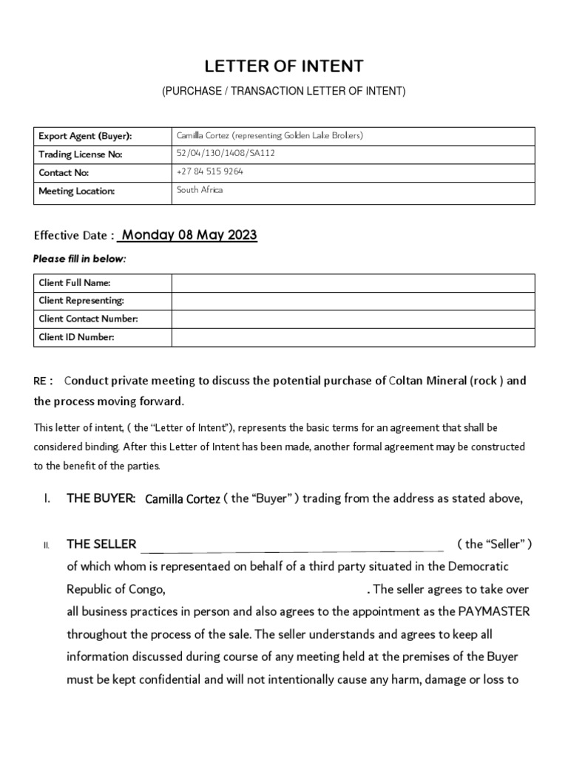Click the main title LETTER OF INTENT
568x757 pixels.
(x=284, y=67)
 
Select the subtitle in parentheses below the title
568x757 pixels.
(x=284, y=91)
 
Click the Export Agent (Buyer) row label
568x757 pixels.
(x=85, y=136)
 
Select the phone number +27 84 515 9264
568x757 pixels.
(x=210, y=172)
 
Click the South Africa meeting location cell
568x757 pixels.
(x=200, y=190)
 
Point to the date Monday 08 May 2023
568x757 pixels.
(x=189, y=235)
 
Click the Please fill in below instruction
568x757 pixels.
(x=80, y=259)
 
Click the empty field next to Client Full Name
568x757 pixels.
(x=353, y=282)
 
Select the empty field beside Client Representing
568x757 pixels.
(x=353, y=301)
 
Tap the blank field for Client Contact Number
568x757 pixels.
(x=353, y=319)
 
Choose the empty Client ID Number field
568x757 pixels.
(x=353, y=338)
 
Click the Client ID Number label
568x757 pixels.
(x=76, y=338)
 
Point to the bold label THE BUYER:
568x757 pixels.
(x=101, y=499)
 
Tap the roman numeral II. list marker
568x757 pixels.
(x=46, y=546)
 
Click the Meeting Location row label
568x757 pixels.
(x=77, y=191)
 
